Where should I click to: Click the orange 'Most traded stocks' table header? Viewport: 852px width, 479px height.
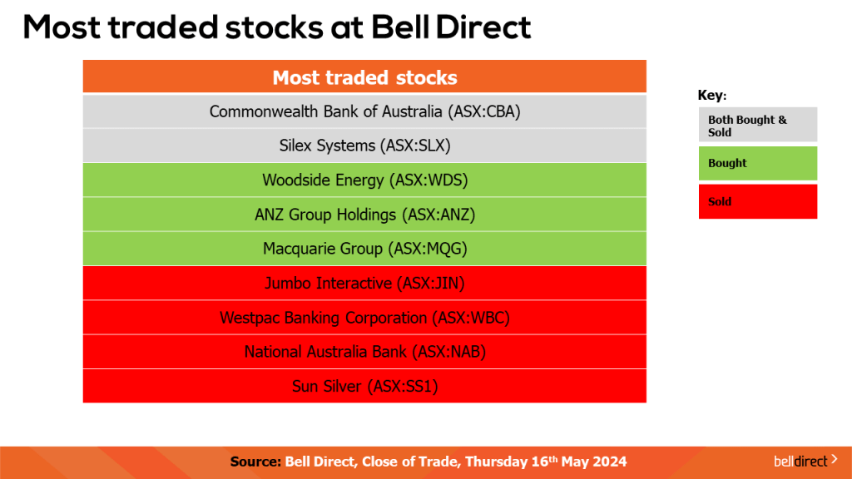364,77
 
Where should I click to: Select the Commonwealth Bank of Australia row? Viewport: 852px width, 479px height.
364,111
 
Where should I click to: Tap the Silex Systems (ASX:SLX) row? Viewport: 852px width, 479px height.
364,146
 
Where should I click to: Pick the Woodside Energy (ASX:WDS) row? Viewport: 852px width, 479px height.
364,180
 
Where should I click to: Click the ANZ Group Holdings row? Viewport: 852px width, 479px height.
364,215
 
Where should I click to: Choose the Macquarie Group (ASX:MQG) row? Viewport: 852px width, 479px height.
364,249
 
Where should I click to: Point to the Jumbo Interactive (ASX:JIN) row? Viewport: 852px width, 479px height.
364,284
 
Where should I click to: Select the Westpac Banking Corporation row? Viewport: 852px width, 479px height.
364,318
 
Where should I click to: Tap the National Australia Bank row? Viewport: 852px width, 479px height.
364,352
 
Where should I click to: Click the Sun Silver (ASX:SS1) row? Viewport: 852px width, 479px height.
364,386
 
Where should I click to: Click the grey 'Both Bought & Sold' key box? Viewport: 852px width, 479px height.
757,125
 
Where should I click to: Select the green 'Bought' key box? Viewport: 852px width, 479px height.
757,163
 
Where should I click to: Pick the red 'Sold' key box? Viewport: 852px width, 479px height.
757,201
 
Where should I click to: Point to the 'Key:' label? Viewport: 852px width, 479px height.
711,96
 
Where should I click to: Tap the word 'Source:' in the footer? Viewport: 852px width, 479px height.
255,462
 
